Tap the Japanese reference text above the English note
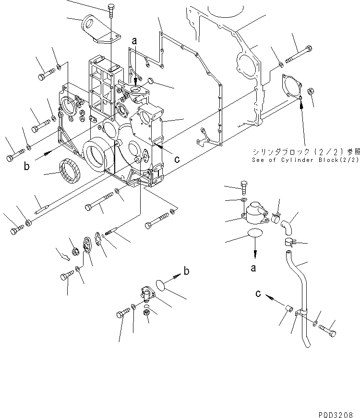(x=305, y=152)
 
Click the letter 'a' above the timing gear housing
(x=135, y=42)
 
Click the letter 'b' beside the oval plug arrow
(x=187, y=271)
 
